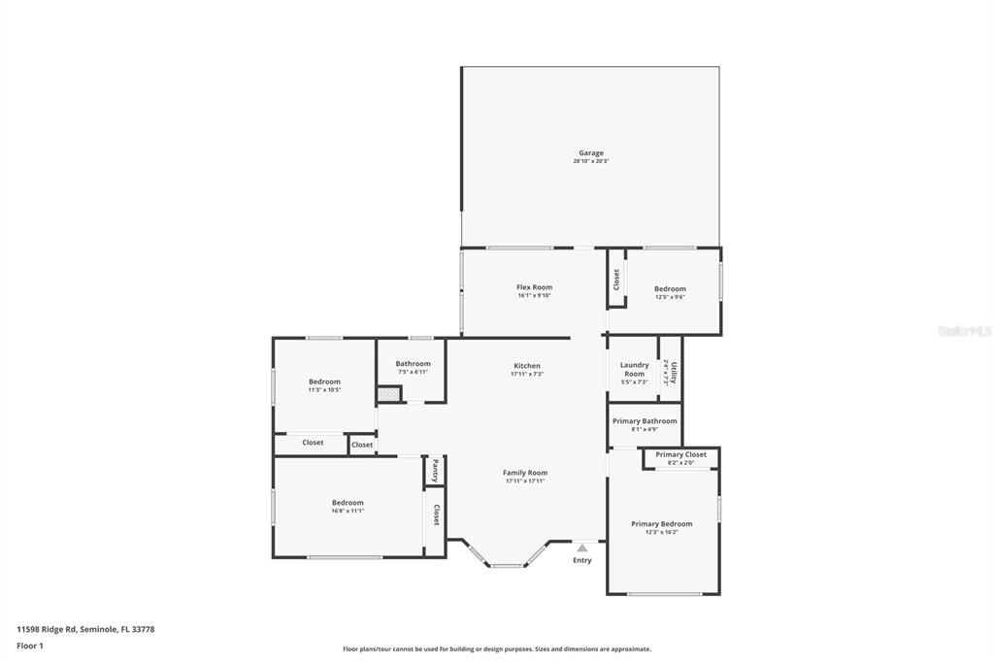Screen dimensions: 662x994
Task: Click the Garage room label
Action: pos(591,152)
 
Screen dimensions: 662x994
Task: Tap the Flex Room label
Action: pos(534,287)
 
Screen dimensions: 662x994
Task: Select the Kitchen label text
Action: pos(527,366)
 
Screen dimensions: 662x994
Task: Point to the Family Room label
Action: pos(525,473)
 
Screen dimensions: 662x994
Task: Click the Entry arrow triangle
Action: pos(582,548)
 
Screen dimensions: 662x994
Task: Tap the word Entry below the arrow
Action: pos(582,560)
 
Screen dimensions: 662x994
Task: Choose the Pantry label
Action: pos(435,470)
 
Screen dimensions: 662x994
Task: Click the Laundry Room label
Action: pos(634,369)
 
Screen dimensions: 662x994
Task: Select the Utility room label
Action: pos(672,372)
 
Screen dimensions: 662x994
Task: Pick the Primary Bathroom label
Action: pos(645,421)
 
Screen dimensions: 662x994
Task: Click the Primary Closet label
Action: pos(680,454)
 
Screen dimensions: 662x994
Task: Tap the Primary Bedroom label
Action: pos(661,523)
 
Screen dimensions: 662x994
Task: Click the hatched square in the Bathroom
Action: pos(387,394)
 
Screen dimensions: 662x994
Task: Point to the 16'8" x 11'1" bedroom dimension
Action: pos(348,511)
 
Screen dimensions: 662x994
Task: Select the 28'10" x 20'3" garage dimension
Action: pos(591,161)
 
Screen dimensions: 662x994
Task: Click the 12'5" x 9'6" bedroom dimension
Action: pos(670,297)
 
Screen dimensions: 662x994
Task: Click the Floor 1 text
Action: pos(30,645)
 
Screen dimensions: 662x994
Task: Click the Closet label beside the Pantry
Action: pos(436,514)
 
